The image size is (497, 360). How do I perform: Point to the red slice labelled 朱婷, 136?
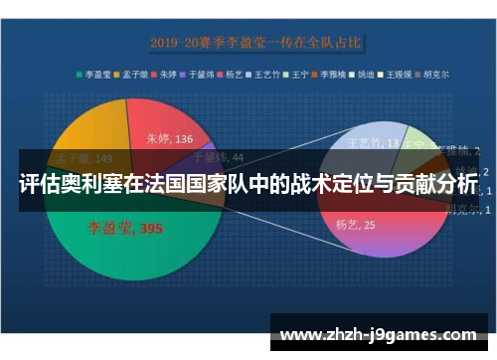pos(164,119)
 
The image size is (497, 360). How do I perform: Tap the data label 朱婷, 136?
pos(170,139)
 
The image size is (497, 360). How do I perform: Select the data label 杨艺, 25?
pos(355,225)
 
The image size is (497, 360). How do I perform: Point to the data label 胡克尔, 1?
pos(465,209)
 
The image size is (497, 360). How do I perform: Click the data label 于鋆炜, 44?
pos(218,156)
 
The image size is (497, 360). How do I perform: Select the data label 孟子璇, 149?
pos(83,156)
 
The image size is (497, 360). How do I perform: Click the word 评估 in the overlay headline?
pos(39,184)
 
